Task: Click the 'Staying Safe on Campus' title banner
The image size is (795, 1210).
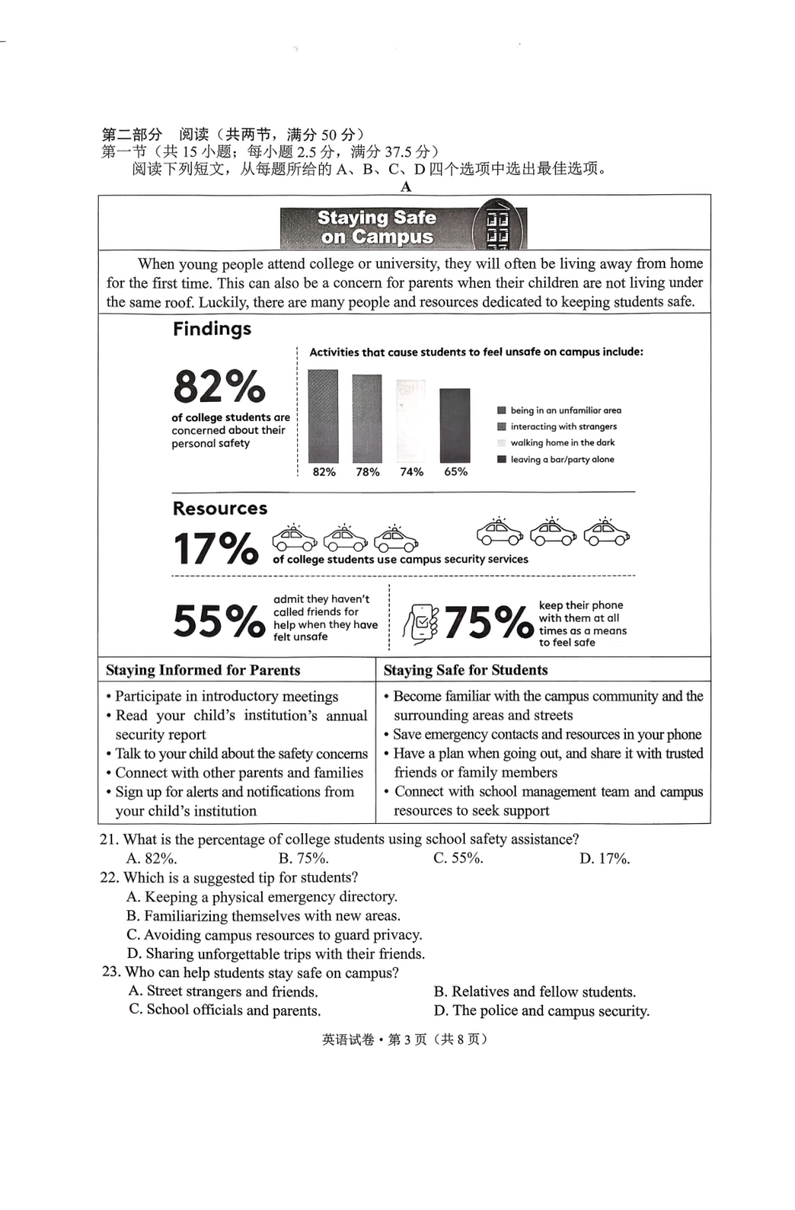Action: [403, 226]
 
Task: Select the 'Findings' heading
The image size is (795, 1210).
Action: [212, 329]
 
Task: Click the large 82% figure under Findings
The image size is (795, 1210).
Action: [218, 387]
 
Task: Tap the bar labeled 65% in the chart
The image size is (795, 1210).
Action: [454, 425]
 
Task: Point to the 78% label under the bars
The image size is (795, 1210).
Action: [367, 472]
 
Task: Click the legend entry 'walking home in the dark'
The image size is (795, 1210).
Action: [562, 443]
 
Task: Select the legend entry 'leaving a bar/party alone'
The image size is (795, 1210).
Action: [562, 460]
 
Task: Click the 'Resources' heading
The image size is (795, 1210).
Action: [220, 508]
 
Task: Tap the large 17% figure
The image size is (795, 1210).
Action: [215, 549]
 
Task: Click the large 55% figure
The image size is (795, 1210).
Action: [218, 621]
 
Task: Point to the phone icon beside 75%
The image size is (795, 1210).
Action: [421, 623]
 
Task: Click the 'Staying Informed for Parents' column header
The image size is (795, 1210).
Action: [203, 670]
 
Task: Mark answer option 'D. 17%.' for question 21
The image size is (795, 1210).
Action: [604, 858]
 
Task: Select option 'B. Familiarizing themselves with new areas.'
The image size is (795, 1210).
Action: [263, 916]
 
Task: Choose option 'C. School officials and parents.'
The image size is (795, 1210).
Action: [224, 1010]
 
